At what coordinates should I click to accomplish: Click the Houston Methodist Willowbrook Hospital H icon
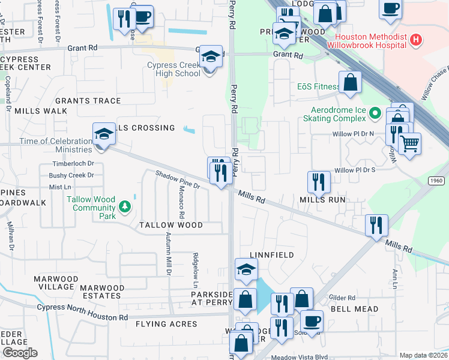[x=417, y=40]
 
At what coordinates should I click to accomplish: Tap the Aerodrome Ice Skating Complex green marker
[x=375, y=112]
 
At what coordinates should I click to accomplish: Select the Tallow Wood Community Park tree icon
[x=125, y=208]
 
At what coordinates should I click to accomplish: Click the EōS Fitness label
[x=318, y=86]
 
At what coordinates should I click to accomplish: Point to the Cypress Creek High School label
[x=173, y=70]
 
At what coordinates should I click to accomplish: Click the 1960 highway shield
[x=436, y=180]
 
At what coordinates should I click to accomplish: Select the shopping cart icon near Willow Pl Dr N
[x=409, y=143]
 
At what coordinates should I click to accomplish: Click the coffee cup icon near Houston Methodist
[x=390, y=8]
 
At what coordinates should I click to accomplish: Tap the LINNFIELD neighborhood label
[x=271, y=255]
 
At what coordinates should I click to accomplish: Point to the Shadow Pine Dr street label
[x=178, y=179]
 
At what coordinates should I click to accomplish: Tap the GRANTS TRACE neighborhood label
[x=88, y=101]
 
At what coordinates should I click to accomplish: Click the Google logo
[x=20, y=353]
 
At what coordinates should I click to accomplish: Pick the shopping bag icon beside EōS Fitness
[x=349, y=82]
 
